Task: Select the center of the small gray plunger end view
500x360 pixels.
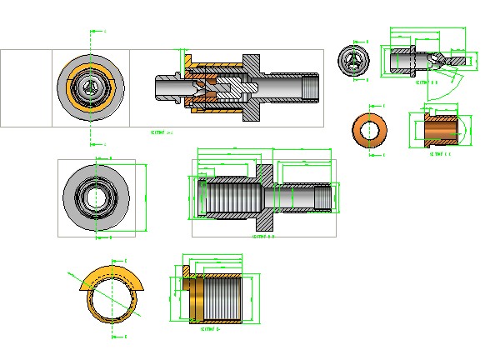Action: [354, 61]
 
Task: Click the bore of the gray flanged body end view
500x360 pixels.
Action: [97, 197]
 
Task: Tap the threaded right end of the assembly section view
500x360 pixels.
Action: [311, 87]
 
